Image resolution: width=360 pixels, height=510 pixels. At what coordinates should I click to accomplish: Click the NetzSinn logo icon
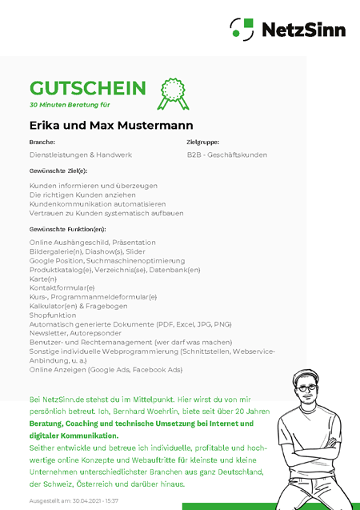pyautogui.click(x=241, y=30)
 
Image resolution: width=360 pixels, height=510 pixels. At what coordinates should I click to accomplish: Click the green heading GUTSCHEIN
pyautogui.click(x=88, y=88)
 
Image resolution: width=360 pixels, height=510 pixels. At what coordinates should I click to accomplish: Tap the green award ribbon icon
pyautogui.click(x=174, y=94)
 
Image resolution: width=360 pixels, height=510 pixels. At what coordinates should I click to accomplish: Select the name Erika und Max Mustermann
pyautogui.click(x=111, y=126)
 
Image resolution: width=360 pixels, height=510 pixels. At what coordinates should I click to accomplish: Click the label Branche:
pyautogui.click(x=42, y=142)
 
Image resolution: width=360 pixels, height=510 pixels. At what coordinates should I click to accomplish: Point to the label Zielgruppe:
pyautogui.click(x=203, y=142)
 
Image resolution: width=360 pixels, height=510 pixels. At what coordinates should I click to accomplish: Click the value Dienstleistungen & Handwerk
pyautogui.click(x=81, y=155)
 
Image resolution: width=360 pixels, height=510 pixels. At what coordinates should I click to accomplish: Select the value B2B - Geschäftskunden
pyautogui.click(x=227, y=155)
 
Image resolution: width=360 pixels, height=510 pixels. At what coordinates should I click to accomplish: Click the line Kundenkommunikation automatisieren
pyautogui.click(x=98, y=204)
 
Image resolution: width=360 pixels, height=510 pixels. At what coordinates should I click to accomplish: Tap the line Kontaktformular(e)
pyautogui.click(x=62, y=287)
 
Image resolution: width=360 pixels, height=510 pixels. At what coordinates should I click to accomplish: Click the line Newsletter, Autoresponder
pyautogui.click(x=76, y=333)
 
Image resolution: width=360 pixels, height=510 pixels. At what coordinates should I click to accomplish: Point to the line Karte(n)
pyautogui.click(x=43, y=279)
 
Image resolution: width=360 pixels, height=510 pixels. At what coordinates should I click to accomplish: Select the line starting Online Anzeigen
pyautogui.click(x=106, y=370)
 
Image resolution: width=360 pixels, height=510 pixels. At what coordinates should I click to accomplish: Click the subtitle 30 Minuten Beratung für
pyautogui.click(x=70, y=105)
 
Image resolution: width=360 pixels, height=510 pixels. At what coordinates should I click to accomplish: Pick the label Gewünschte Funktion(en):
pyautogui.click(x=67, y=229)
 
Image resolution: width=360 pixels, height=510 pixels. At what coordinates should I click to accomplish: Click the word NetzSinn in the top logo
pyautogui.click(x=304, y=30)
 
